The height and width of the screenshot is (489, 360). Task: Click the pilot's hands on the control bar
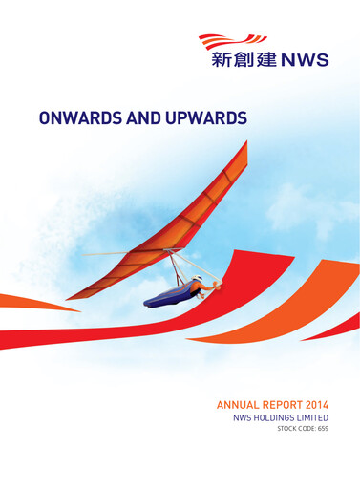click(x=216, y=283)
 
